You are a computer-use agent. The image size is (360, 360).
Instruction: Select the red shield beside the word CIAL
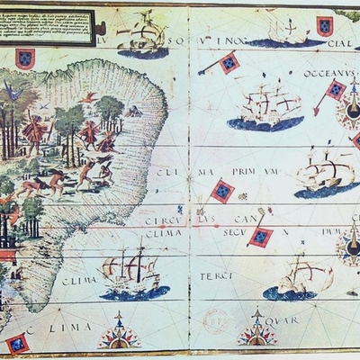point(324,25)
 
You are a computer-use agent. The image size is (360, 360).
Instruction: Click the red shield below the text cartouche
point(25,58)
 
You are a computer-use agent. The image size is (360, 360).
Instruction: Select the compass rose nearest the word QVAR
point(256,331)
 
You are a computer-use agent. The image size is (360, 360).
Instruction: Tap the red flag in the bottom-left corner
point(16,343)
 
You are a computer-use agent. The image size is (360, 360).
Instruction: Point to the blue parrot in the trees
point(11,90)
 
